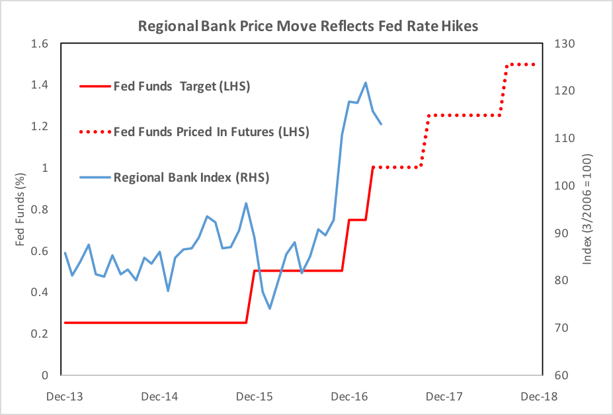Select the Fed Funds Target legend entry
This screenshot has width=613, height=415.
182,86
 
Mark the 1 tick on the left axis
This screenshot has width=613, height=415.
46,168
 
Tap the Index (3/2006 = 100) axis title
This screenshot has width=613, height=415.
587,209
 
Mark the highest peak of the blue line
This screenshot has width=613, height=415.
366,83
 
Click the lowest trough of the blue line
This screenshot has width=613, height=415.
270,309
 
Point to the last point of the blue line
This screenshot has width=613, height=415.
382,124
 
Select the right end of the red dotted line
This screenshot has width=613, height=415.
534,65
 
